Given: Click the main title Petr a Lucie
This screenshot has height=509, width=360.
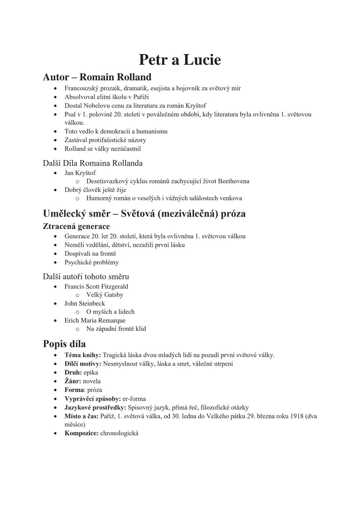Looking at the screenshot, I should pos(180,60).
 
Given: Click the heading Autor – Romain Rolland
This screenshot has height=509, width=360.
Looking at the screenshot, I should pos(97,77).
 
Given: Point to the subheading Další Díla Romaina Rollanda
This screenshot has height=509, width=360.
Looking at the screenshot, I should pos(93,163).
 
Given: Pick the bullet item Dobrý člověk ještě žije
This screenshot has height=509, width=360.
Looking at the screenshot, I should pos(95,190).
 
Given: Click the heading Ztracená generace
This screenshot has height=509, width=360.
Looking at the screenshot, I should pos(76,226).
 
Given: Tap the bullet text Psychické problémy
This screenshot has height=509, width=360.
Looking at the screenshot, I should pos(92,262).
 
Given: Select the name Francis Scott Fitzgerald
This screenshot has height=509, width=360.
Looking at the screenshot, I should pos(96,287).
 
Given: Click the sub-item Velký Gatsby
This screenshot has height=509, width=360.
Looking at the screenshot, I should pos(105,295).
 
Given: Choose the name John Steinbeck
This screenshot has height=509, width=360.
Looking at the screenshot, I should pos(85,304).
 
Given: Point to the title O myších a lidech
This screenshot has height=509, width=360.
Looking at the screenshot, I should pos(110,312).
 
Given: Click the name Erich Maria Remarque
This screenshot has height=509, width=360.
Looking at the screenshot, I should pos(95,321).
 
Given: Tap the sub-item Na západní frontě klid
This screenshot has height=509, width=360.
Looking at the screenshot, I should pos(116,329).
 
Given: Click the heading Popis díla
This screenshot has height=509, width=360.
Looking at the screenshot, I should pos(64,344).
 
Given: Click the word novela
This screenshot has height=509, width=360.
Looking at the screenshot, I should pos(92,381).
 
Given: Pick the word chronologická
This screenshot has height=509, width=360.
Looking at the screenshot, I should pos(119,434).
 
